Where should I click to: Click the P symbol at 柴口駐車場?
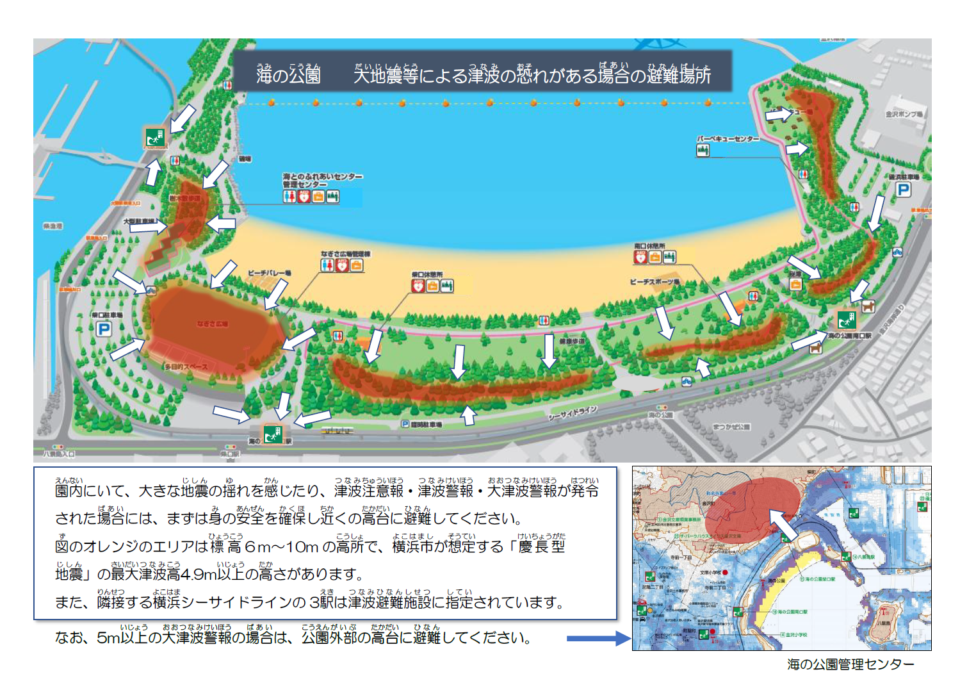coord(104,329)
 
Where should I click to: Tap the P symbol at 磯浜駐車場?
coord(903,190)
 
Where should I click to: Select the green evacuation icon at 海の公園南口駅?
coord(847,319)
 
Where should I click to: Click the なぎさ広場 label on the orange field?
coord(212,324)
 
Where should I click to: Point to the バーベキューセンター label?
coord(728,139)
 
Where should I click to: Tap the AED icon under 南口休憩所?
coord(640,257)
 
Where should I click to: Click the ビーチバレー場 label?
coord(269,274)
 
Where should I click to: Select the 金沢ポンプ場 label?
coord(904,114)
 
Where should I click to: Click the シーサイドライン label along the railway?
coord(573,413)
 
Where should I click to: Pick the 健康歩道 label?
coord(572,341)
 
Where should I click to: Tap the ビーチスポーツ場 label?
coord(655,282)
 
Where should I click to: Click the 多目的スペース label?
coord(186,367)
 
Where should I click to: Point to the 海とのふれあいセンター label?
coord(323,176)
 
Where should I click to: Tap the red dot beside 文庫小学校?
coord(725,572)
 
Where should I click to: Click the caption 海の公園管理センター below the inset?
coord(850,664)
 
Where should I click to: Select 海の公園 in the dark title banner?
coord(288,76)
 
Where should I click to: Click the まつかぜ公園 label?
coord(731,427)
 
